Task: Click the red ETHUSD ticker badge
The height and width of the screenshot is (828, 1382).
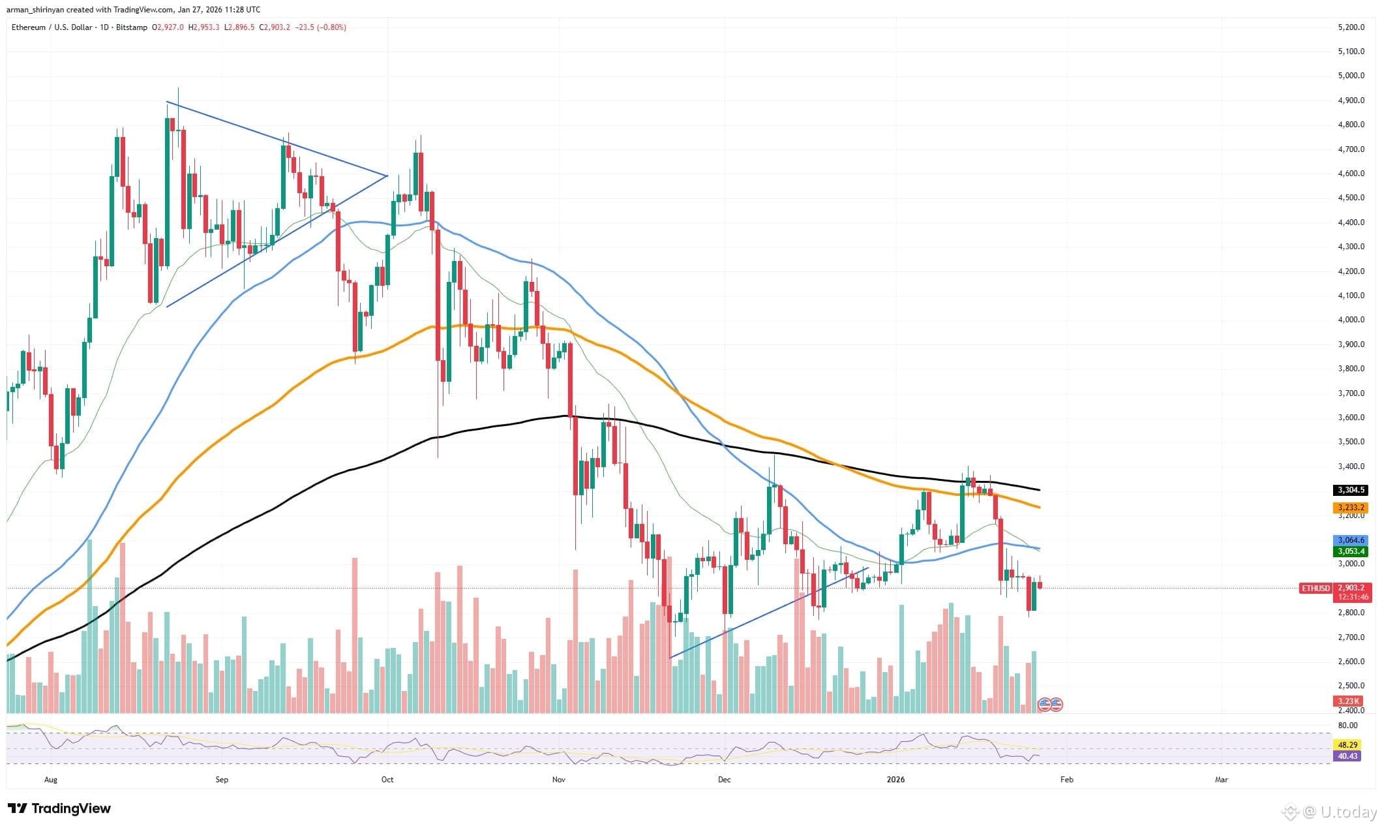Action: click(x=1315, y=588)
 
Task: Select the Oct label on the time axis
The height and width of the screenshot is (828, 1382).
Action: click(x=387, y=779)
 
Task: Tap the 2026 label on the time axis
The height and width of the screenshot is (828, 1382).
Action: click(x=896, y=779)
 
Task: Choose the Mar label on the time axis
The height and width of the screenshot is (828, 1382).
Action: click(x=1221, y=779)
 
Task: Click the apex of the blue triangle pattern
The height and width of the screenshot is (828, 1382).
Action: click(x=387, y=176)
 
